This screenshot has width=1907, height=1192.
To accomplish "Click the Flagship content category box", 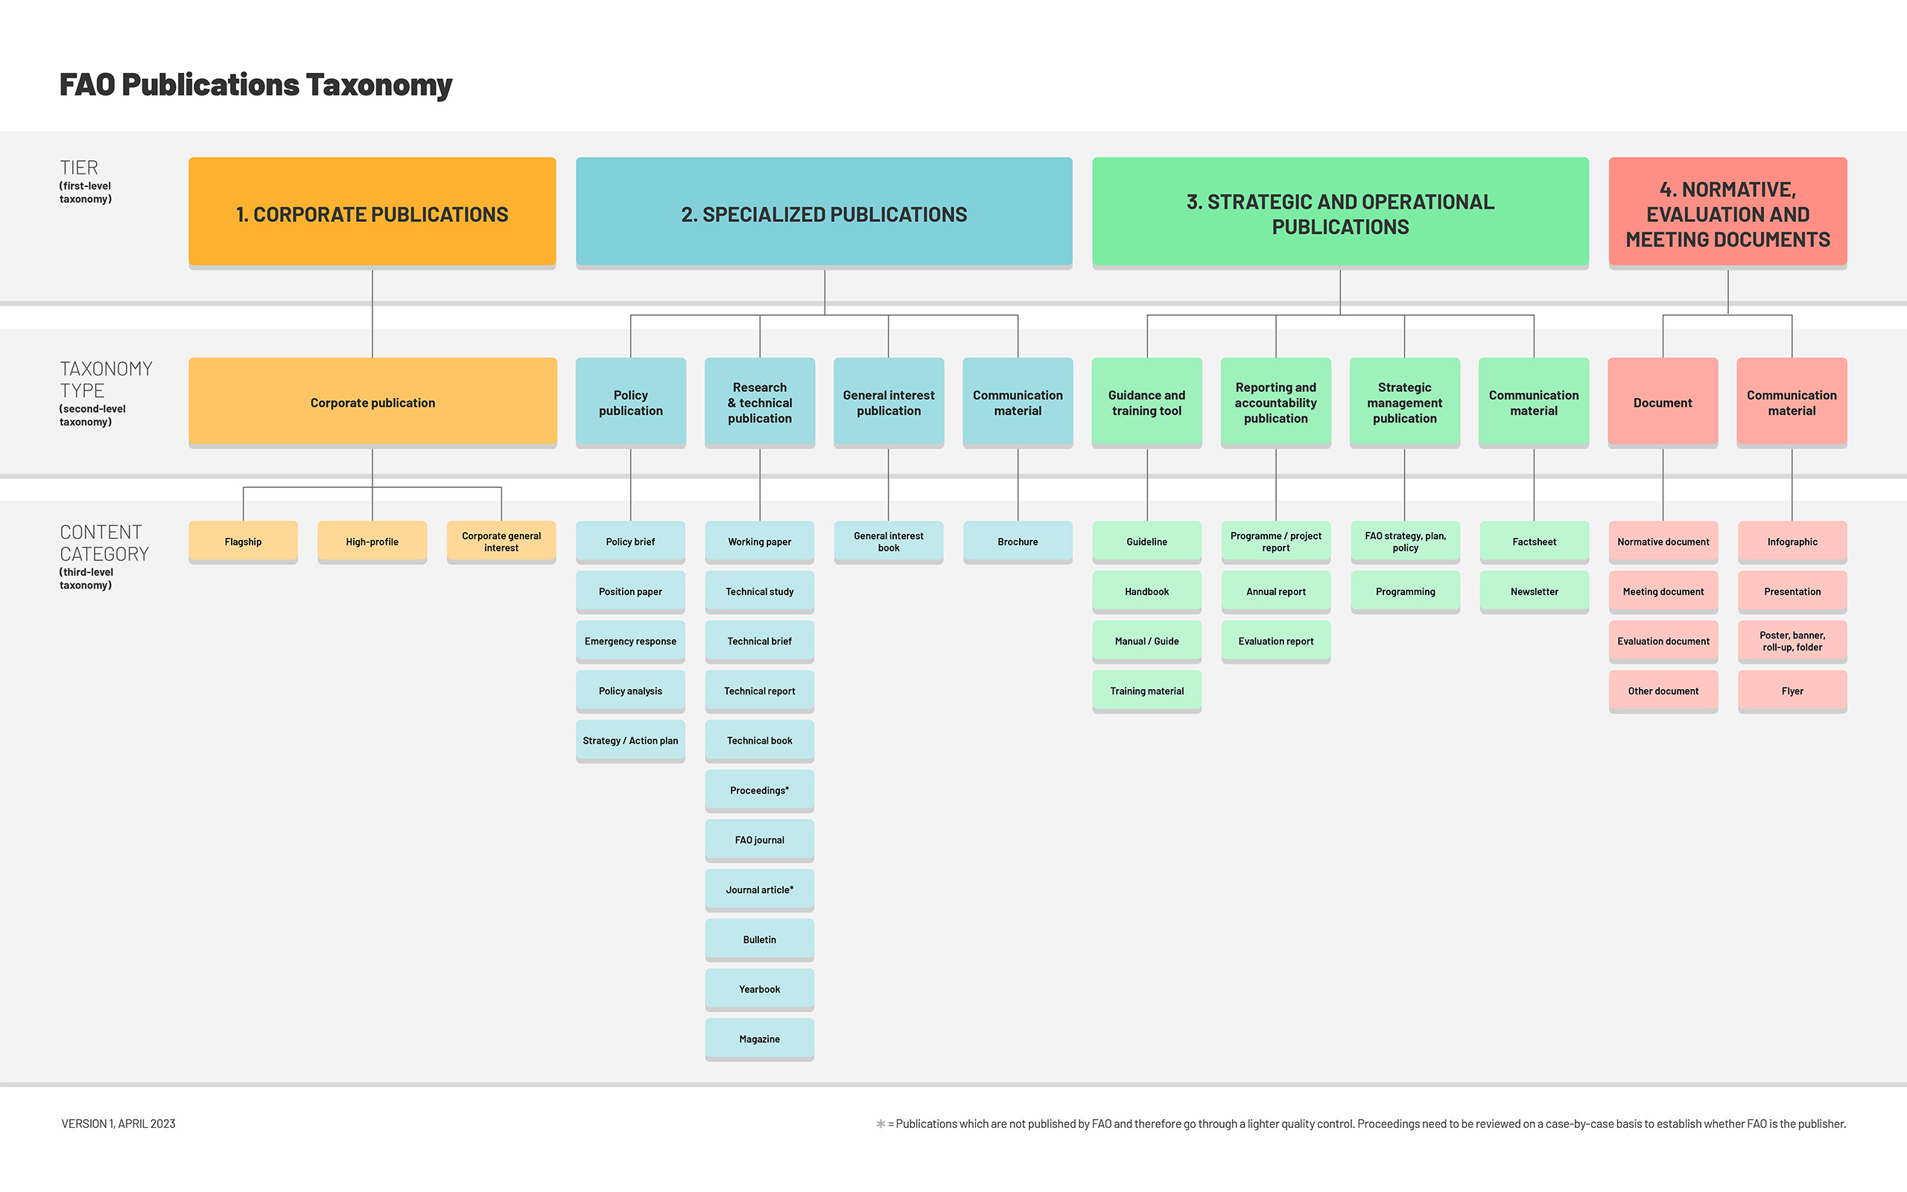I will click(x=243, y=542).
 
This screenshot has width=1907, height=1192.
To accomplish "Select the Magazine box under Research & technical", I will click(x=759, y=1039).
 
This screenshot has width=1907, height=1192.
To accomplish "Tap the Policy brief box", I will click(x=629, y=542).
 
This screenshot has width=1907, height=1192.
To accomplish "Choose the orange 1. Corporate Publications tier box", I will click(x=372, y=213).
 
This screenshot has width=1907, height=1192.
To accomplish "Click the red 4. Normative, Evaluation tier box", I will click(x=1727, y=213).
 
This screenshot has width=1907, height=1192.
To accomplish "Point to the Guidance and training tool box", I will click(x=1146, y=402).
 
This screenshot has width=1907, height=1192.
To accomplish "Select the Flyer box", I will click(x=1792, y=691).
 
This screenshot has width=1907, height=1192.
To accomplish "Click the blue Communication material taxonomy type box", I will click(x=1018, y=402).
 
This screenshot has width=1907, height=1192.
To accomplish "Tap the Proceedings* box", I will click(x=759, y=790).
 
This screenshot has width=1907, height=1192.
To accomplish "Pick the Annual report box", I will click(x=1276, y=592).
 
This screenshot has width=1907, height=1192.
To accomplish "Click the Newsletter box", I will click(x=1534, y=592).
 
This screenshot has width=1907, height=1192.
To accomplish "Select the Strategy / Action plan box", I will click(x=629, y=741).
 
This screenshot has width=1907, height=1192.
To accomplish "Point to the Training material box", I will click(x=1146, y=691).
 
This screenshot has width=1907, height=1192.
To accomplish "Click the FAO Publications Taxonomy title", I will click(x=256, y=85).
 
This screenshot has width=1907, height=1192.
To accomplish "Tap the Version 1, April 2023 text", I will click(x=118, y=1123).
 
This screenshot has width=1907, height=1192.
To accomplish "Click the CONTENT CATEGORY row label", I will click(x=104, y=543).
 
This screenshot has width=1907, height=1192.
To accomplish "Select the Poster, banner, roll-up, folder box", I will click(x=1792, y=641).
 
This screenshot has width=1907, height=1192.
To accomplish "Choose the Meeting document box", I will click(x=1663, y=592).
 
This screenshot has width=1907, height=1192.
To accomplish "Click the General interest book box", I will click(x=888, y=542).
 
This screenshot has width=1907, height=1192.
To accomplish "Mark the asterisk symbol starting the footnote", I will click(x=880, y=1123).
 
